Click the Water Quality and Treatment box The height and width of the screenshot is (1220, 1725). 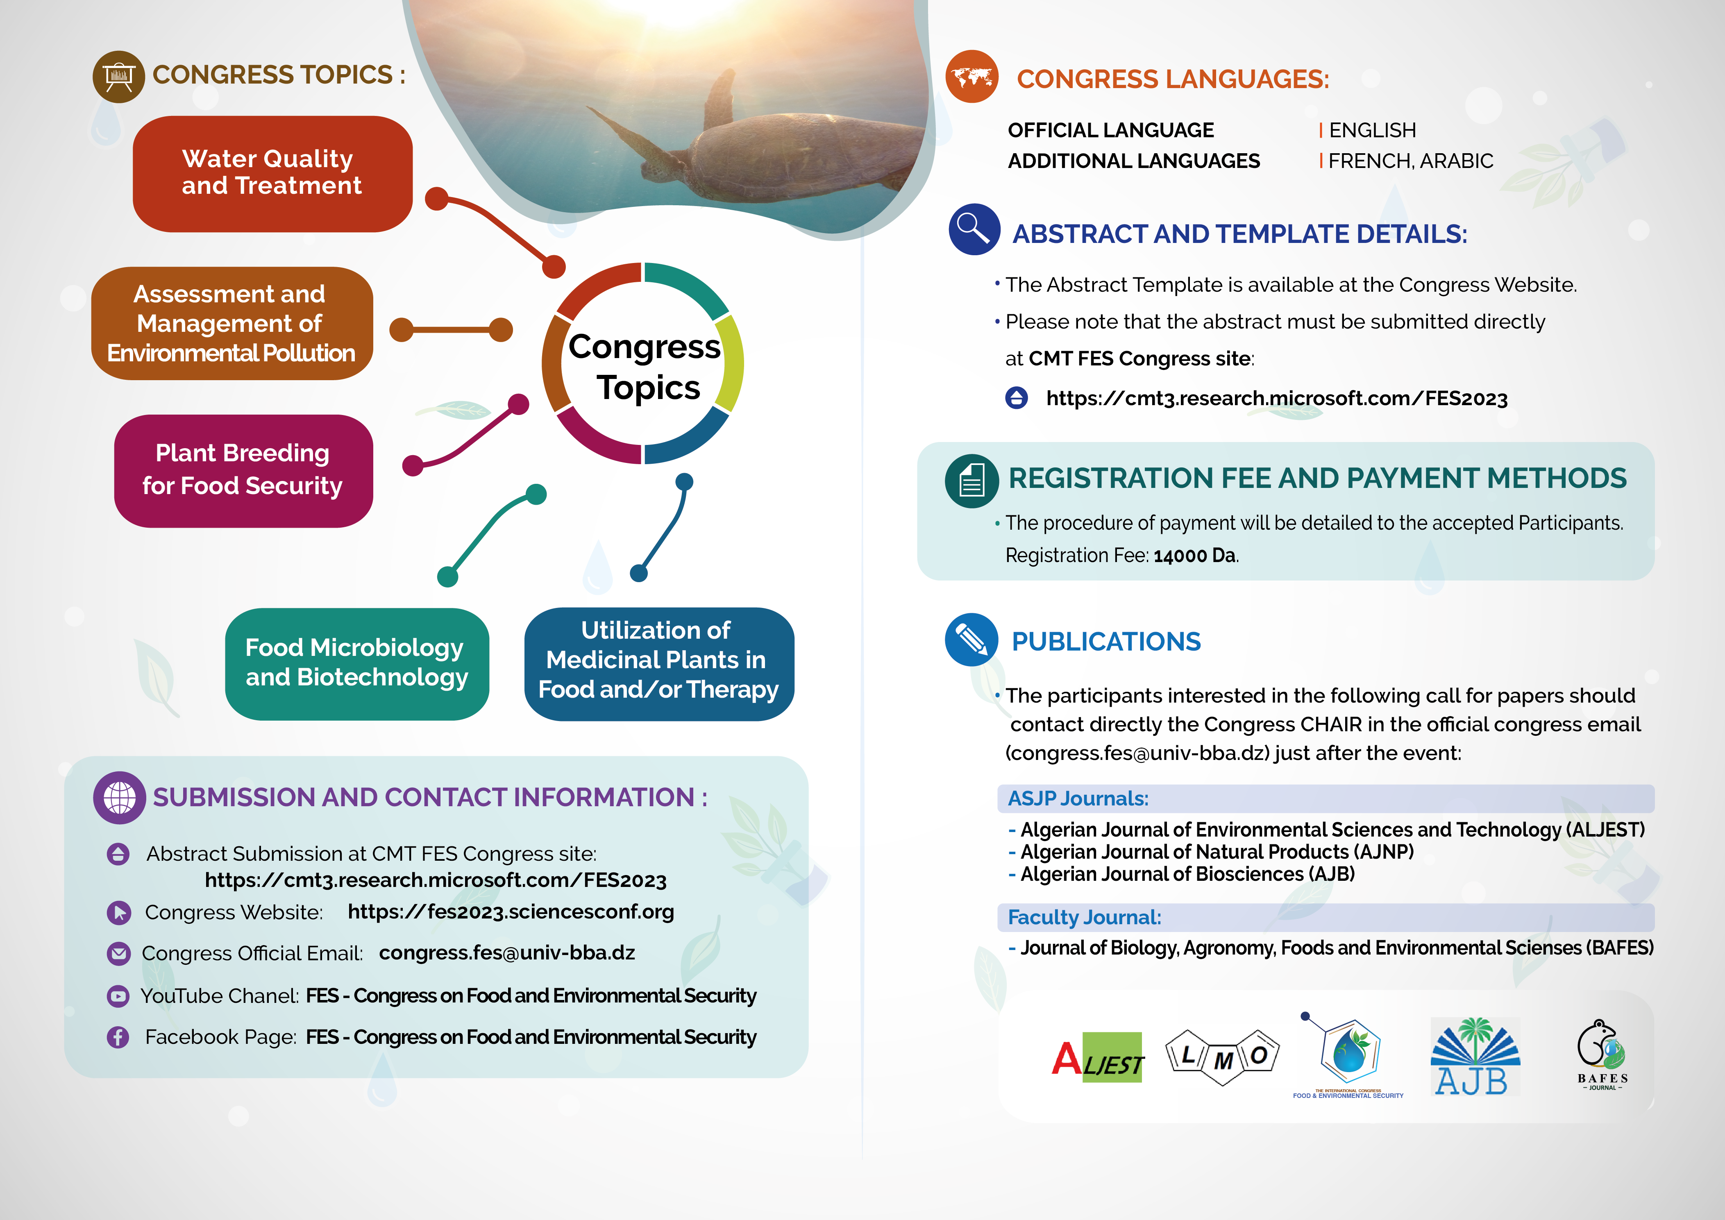(273, 174)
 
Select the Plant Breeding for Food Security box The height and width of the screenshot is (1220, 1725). (243, 471)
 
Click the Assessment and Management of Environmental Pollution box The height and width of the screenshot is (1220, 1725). (232, 323)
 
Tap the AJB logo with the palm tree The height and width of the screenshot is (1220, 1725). (1475, 1056)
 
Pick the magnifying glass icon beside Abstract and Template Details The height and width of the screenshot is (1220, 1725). (974, 229)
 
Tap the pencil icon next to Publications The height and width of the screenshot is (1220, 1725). (971, 640)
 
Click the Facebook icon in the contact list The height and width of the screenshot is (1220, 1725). (118, 1037)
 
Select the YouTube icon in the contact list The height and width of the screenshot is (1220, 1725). (118, 996)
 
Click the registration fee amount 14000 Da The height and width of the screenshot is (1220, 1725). (1194, 556)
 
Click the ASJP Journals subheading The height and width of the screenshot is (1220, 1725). (1078, 798)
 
